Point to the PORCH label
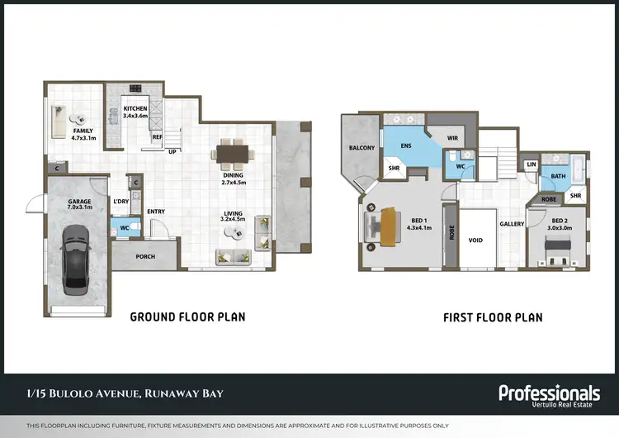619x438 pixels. pyautogui.click(x=145, y=256)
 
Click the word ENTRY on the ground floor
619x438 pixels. pyautogui.click(x=156, y=212)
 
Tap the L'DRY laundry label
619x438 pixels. pyautogui.click(x=120, y=202)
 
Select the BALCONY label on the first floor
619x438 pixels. pyautogui.click(x=361, y=148)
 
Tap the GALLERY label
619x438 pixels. pyautogui.click(x=512, y=224)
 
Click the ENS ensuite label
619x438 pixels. pyautogui.click(x=406, y=145)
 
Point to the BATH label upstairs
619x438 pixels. pyautogui.click(x=558, y=176)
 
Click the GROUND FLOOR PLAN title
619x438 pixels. pyautogui.click(x=188, y=317)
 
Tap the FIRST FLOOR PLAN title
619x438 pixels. pyautogui.click(x=493, y=317)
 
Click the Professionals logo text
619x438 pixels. pyautogui.click(x=549, y=393)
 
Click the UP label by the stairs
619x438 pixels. pyautogui.click(x=172, y=152)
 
